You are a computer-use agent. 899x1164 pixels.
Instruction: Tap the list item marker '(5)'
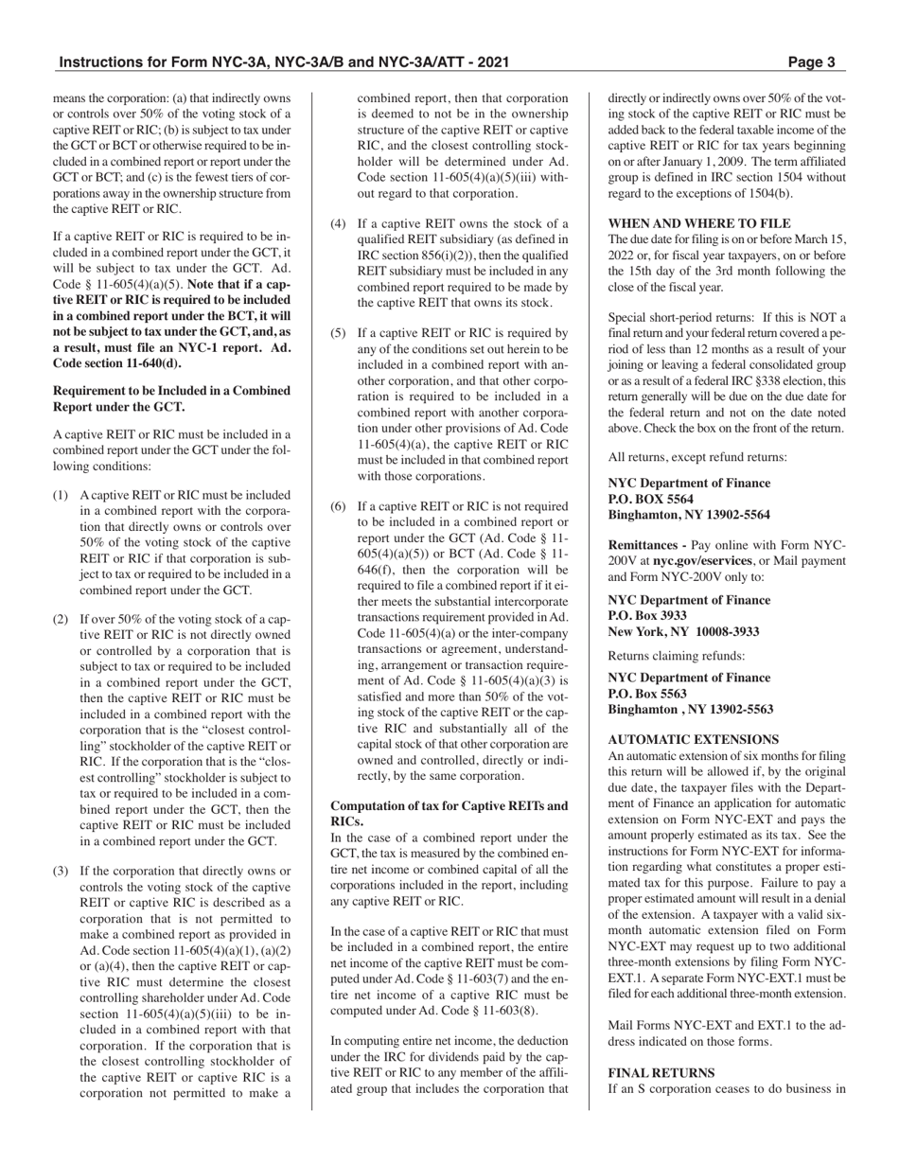[x=338, y=333]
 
